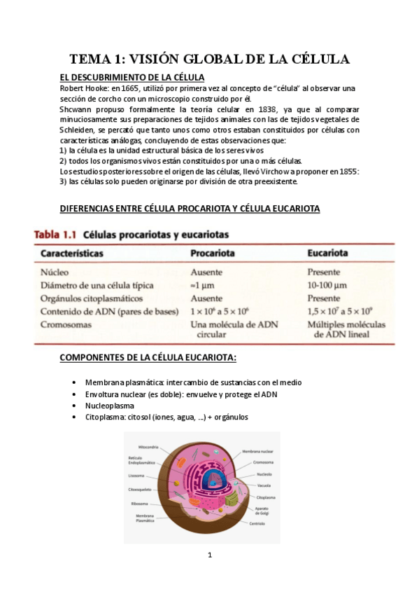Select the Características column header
pyautogui.click(x=72, y=252)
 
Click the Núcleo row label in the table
pyautogui.click(x=55, y=272)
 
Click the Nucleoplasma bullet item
pyautogui.click(x=110, y=406)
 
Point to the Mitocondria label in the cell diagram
pyautogui.click(x=148, y=446)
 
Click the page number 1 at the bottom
pyautogui.click(x=209, y=555)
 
